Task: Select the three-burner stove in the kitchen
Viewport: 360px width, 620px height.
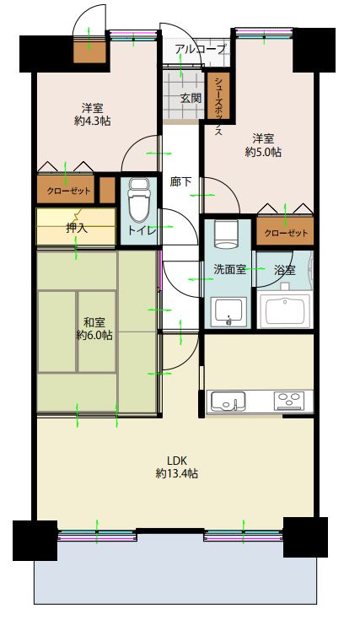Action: coord(290,400)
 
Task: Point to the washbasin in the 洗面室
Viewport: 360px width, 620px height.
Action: coord(228,312)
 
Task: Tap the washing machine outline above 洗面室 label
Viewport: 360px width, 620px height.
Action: coord(226,235)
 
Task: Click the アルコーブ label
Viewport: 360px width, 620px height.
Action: coord(201,49)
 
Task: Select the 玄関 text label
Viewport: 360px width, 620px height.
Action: coord(191,98)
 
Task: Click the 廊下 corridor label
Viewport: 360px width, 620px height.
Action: coord(180,181)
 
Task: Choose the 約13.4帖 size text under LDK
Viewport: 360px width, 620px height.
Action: coord(177,473)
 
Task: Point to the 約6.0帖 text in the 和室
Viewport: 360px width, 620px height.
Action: coord(94,335)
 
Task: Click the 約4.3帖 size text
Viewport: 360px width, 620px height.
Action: coord(92,121)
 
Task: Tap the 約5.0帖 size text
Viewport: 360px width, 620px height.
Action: coord(263,152)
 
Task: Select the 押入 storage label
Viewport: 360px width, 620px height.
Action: coord(77,228)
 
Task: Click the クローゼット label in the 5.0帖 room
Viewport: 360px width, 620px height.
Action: coord(286,233)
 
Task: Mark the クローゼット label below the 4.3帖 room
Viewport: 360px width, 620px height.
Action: coord(69,191)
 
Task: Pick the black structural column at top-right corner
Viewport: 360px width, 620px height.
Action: coord(314,50)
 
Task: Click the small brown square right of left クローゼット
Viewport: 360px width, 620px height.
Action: coord(107,190)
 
